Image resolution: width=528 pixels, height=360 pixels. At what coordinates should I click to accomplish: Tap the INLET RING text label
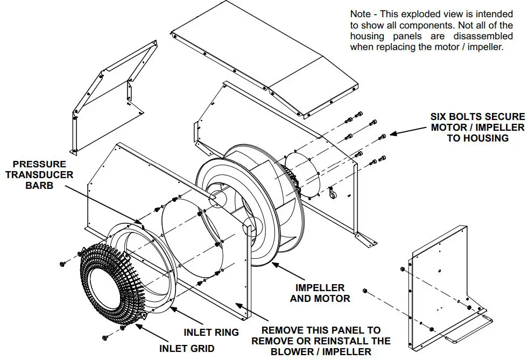point(211,332)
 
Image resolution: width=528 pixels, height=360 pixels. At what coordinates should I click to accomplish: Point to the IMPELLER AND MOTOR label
point(320,293)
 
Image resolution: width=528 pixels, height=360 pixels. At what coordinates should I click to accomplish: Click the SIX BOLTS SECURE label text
point(477,127)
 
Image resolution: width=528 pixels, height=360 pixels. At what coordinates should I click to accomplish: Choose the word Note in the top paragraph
point(360,14)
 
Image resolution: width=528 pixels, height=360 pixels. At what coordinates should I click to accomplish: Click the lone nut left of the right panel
point(365,291)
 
